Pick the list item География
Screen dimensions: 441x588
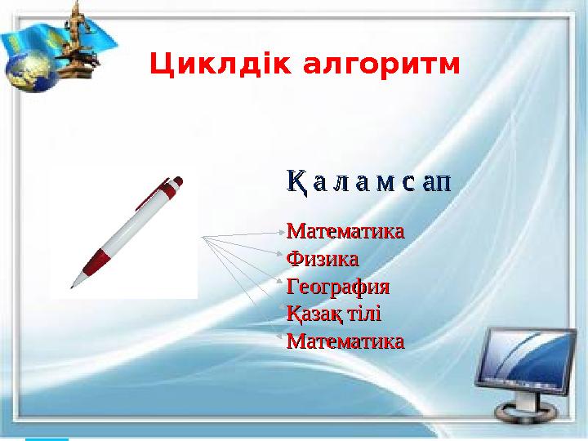[337, 287]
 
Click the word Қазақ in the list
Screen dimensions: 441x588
[314, 314]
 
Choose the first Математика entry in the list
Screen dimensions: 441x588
[345, 230]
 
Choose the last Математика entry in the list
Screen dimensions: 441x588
[345, 341]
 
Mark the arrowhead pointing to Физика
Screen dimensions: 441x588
[282, 260]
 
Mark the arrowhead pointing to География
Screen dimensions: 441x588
[282, 287]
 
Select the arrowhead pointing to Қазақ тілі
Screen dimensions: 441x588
[282, 314]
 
